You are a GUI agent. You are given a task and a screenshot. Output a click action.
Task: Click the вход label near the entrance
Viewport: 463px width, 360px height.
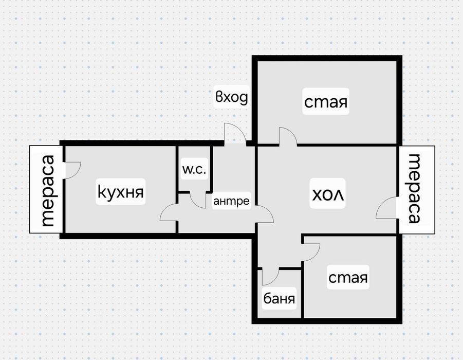[232, 97]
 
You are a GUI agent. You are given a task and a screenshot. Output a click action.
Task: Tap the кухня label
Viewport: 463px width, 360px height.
[121, 192]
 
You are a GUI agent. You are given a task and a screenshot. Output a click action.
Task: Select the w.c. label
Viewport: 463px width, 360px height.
[194, 170]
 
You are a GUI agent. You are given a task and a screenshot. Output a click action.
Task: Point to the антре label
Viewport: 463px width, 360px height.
[231, 201]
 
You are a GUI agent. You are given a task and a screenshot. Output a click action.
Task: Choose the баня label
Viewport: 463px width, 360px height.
[280, 298]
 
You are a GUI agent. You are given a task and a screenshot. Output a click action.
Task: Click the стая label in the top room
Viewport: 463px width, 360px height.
[325, 102]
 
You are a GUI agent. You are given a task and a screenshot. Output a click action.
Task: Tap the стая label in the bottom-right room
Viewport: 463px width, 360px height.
[348, 278]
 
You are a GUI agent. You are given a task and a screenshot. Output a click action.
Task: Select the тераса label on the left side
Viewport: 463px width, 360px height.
[47, 191]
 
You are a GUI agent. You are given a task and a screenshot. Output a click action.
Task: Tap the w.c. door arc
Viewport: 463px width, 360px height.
[198, 201]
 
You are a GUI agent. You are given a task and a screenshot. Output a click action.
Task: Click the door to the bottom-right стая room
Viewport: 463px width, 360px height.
[311, 250]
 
